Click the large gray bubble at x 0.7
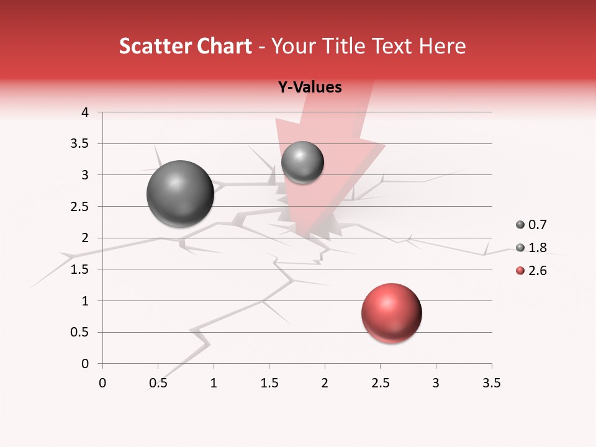pyautogui.click(x=180, y=194)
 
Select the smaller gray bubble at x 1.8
pyautogui.click(x=302, y=162)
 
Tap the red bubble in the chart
pyautogui.click(x=391, y=313)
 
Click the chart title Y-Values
pyautogui.click(x=310, y=88)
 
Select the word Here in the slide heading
pyautogui.click(x=441, y=46)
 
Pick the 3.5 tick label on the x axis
pyautogui.click(x=491, y=383)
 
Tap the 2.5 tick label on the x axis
pyautogui.click(x=380, y=383)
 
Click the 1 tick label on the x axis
pyautogui.click(x=214, y=383)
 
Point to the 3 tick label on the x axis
pyautogui.click(x=436, y=383)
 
